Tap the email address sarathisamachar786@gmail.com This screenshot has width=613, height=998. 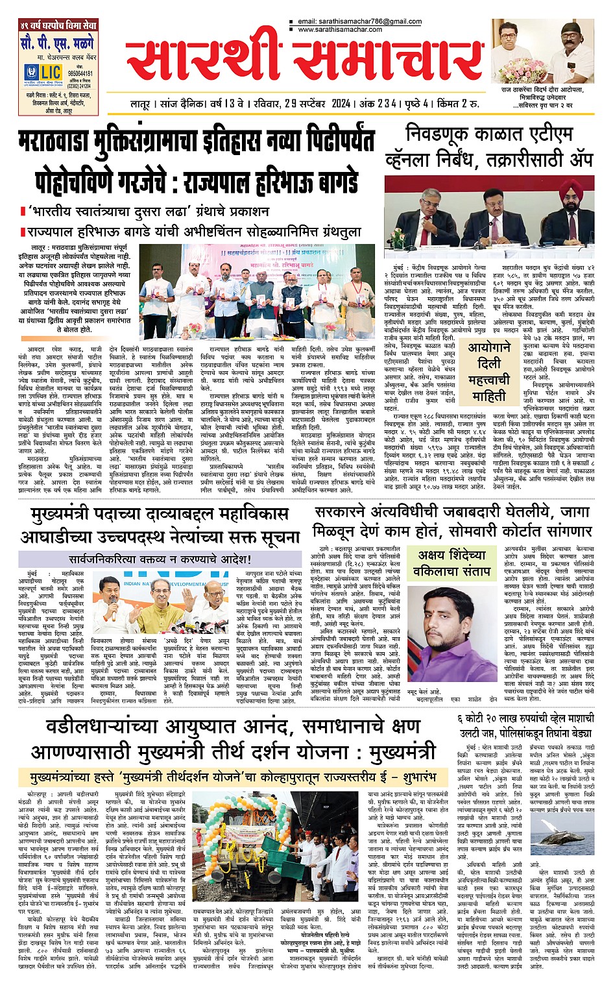[359, 22]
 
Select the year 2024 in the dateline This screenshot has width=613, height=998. [341, 104]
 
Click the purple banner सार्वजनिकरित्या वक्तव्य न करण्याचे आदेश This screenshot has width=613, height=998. [160, 559]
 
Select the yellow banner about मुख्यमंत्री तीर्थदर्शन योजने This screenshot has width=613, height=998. [226, 777]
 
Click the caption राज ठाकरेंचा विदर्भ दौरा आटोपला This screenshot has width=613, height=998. [542, 89]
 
